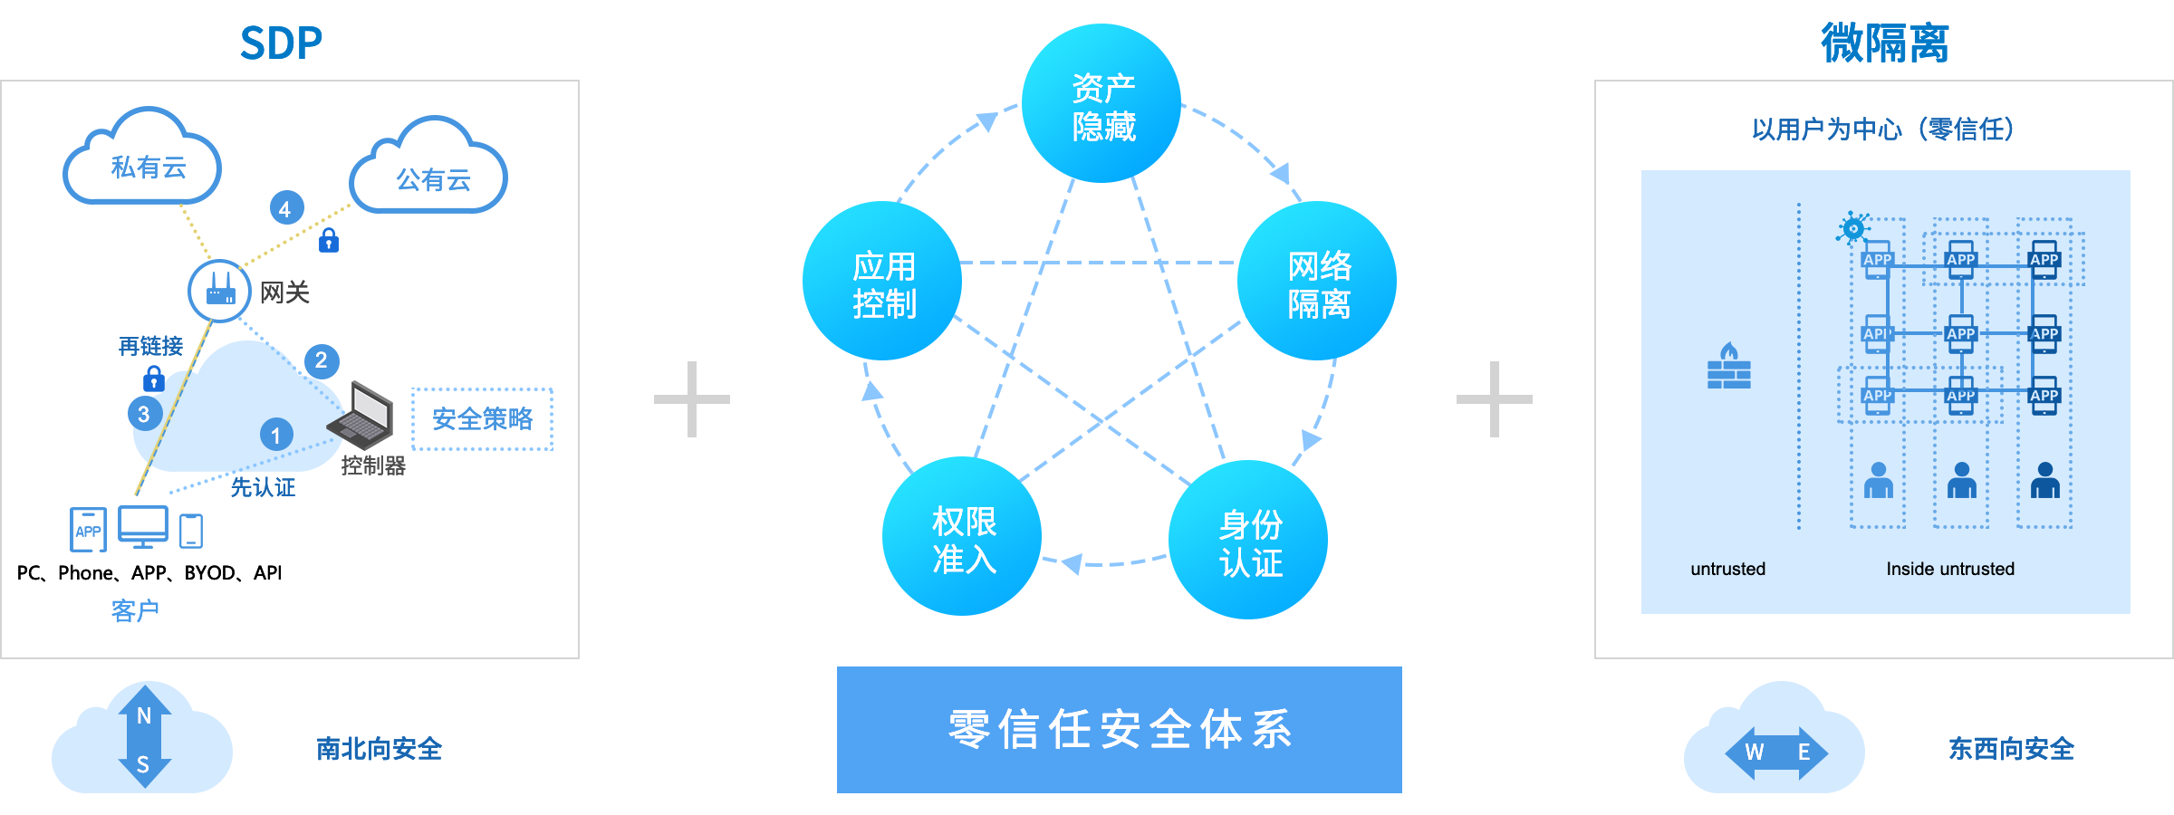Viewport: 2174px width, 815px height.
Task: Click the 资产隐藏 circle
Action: (1101, 104)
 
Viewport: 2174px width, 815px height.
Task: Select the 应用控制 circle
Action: (881, 282)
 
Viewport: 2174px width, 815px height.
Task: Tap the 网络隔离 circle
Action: (1317, 282)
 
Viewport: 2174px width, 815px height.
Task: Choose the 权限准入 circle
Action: (962, 537)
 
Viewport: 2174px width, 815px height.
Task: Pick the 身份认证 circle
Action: (1248, 541)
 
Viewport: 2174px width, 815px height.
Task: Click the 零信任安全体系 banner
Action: (1119, 730)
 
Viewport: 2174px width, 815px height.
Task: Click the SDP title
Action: (281, 43)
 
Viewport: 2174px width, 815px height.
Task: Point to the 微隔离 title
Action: (1884, 43)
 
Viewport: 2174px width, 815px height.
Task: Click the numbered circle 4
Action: (285, 209)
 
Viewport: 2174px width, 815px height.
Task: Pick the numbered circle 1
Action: (276, 435)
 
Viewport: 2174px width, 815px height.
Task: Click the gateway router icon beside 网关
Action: (219, 291)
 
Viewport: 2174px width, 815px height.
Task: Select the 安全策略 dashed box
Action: (482, 418)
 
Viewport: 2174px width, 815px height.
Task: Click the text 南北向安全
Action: (379, 749)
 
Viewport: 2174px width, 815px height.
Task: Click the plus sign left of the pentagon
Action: (692, 399)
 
